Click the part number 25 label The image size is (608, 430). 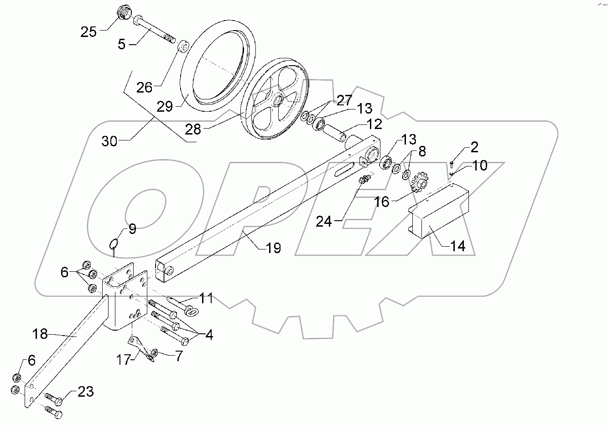(x=89, y=32)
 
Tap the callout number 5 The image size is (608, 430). (x=121, y=45)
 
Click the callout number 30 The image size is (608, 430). (x=109, y=141)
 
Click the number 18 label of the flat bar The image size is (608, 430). (x=40, y=334)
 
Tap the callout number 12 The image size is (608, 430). (x=374, y=124)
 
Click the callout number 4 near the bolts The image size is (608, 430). (x=209, y=335)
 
